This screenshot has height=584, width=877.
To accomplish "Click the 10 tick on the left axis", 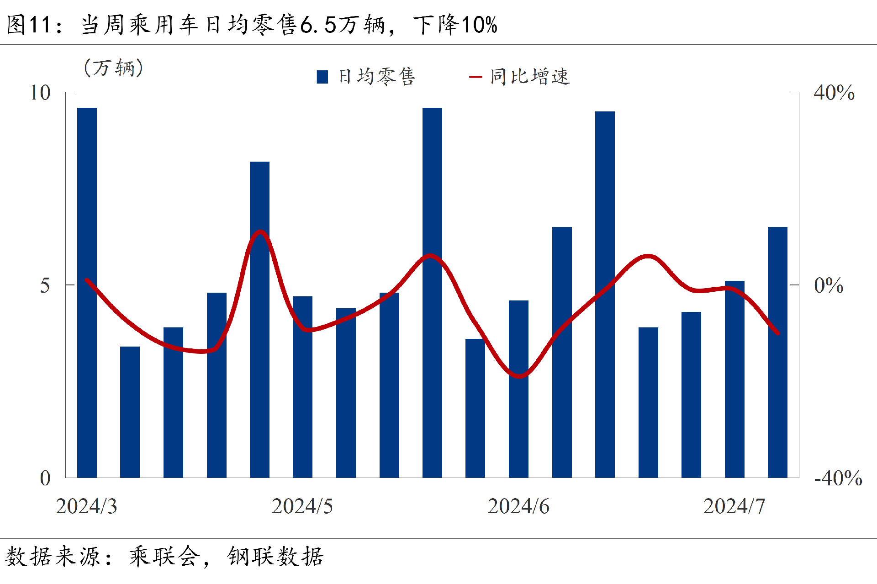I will point(40,93).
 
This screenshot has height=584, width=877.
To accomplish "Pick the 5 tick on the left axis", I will point(45,286).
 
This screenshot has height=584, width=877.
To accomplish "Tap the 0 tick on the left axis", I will point(45,479).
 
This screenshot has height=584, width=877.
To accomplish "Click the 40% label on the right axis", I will point(834,93).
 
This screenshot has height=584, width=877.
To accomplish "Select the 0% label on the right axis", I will point(829,286).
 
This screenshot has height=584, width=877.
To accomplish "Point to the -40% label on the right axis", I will point(838,479).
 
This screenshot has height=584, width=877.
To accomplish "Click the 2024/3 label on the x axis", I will point(86,506).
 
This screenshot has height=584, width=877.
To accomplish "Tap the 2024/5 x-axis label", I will point(302,506).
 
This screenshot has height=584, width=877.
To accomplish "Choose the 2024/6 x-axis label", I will point(518,506).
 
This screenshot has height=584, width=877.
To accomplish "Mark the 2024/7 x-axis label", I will point(734,506).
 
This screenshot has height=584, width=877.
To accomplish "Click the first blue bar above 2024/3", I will point(87,292).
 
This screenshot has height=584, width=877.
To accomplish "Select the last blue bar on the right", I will point(777,352).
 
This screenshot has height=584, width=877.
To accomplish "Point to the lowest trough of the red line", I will point(519,377).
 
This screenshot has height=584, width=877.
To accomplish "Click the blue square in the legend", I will point(322,77).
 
